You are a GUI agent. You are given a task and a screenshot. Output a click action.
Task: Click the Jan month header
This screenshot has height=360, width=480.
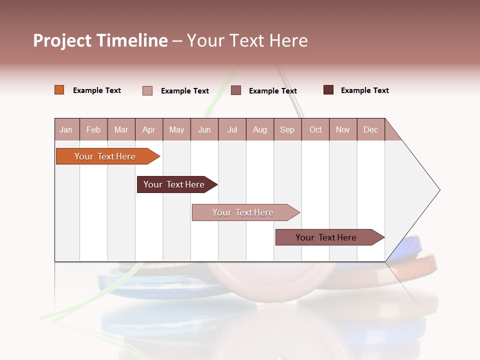pyautogui.click(x=66, y=129)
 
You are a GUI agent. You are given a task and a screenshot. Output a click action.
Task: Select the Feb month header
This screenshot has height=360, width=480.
pyautogui.click(x=93, y=129)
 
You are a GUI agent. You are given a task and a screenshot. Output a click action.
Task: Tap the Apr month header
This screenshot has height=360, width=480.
pyautogui.click(x=148, y=129)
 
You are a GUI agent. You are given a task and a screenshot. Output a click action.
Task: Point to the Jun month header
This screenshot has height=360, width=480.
pyautogui.click(x=204, y=129)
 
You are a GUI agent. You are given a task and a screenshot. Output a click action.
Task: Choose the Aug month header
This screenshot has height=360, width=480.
pyautogui.click(x=260, y=129)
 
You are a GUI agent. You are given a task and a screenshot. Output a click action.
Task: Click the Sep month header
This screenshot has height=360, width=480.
pyautogui.click(x=287, y=129)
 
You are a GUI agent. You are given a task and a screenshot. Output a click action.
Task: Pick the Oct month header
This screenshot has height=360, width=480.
pyautogui.click(x=315, y=129)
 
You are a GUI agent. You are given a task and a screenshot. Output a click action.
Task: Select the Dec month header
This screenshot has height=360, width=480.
pyautogui.click(x=370, y=129)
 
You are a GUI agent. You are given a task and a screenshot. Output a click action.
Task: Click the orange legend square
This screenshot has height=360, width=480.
pyautogui.click(x=59, y=90)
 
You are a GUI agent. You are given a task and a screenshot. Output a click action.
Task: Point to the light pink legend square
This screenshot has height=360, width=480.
pyautogui.click(x=147, y=90)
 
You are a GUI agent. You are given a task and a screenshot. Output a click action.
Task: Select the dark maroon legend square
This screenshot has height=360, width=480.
pyautogui.click(x=328, y=90)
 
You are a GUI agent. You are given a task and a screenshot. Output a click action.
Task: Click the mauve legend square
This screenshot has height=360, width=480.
pyautogui.click(x=236, y=90)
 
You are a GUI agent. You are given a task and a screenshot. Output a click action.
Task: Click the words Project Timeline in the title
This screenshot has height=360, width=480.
pyautogui.click(x=100, y=40)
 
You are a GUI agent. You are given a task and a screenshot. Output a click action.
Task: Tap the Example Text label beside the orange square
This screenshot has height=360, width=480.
pyautogui.click(x=97, y=90)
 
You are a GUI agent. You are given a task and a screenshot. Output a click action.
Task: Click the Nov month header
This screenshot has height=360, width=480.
pyautogui.click(x=343, y=129)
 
